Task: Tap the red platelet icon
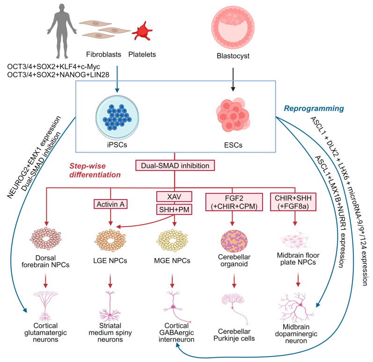(142, 31)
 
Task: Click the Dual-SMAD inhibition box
(175, 166)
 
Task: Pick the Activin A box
(110, 204)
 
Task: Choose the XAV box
(174, 197)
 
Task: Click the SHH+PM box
(174, 209)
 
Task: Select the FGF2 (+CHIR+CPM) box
(234, 202)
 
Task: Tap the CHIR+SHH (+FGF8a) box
(293, 202)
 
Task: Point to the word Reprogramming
(314, 109)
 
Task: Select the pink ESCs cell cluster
(233, 115)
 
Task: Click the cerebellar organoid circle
(234, 241)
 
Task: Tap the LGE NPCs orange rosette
(110, 241)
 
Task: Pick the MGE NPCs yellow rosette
(172, 241)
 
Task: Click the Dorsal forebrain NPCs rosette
(45, 238)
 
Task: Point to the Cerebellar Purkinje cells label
(234, 335)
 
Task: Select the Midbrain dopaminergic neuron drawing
(296, 308)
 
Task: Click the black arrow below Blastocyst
(233, 80)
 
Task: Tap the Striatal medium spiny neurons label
(110, 332)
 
